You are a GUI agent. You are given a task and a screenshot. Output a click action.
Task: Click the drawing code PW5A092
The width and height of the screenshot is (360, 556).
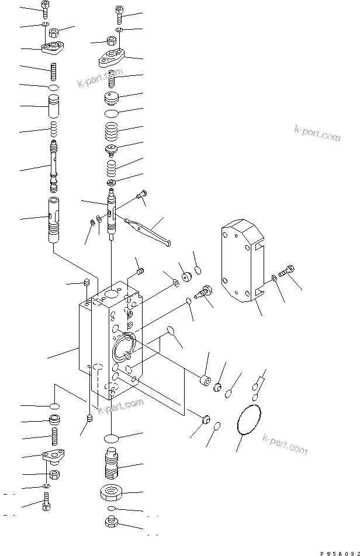[x=339, y=550]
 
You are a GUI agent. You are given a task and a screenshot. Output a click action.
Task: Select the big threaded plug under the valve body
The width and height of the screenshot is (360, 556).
[x=112, y=465]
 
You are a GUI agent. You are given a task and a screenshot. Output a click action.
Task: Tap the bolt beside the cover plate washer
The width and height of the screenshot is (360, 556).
[x=286, y=272]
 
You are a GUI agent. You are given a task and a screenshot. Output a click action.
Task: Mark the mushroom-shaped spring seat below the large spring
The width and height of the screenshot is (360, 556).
[x=112, y=151]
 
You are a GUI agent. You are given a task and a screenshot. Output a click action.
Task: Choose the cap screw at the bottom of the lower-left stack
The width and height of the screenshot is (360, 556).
[x=47, y=501]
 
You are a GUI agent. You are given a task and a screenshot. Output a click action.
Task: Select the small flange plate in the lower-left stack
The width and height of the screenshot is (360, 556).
[x=53, y=457]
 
